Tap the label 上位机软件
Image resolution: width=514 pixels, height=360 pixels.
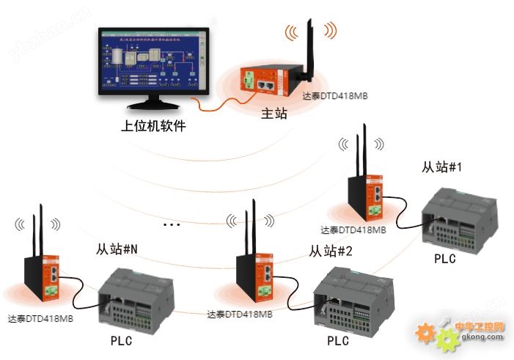click(153, 125)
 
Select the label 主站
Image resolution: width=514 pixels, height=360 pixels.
click(274, 114)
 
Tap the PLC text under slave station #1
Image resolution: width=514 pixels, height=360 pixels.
click(444, 258)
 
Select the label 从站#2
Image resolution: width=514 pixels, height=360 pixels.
click(331, 251)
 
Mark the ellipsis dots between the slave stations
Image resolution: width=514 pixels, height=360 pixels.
click(172, 223)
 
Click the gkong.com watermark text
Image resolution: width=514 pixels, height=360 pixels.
click(482, 337)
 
